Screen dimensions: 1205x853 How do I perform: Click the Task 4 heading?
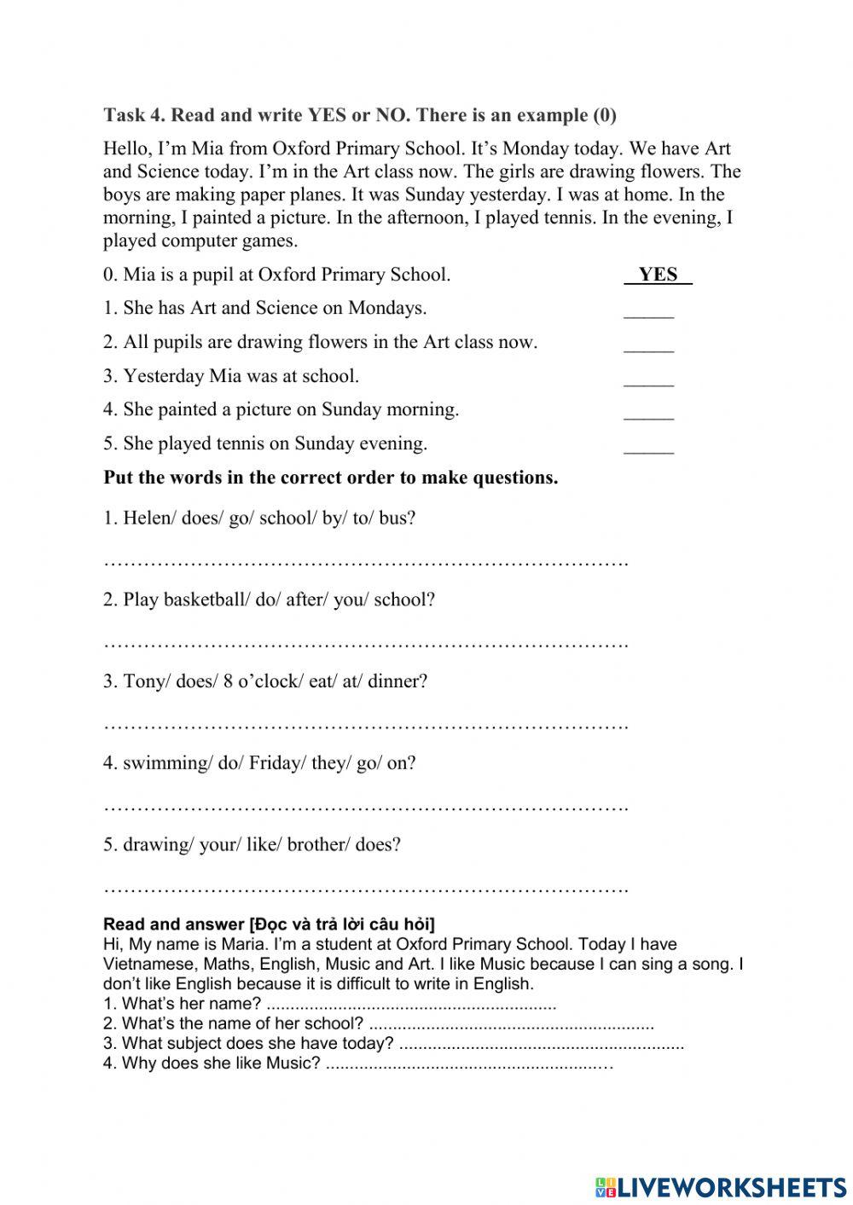pos(359,115)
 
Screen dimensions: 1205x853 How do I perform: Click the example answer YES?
pos(657,275)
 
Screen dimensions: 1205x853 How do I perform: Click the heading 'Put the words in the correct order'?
pos(330,478)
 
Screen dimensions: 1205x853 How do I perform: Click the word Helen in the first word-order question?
pos(147,518)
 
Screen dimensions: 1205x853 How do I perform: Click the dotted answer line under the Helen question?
pos(365,563)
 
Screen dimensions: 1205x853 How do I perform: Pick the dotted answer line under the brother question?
pos(365,889)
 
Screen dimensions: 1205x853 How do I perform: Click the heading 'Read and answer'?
pos(269,924)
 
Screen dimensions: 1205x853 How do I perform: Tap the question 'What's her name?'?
pos(191,1004)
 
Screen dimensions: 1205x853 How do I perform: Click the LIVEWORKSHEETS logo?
pos(721,1186)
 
